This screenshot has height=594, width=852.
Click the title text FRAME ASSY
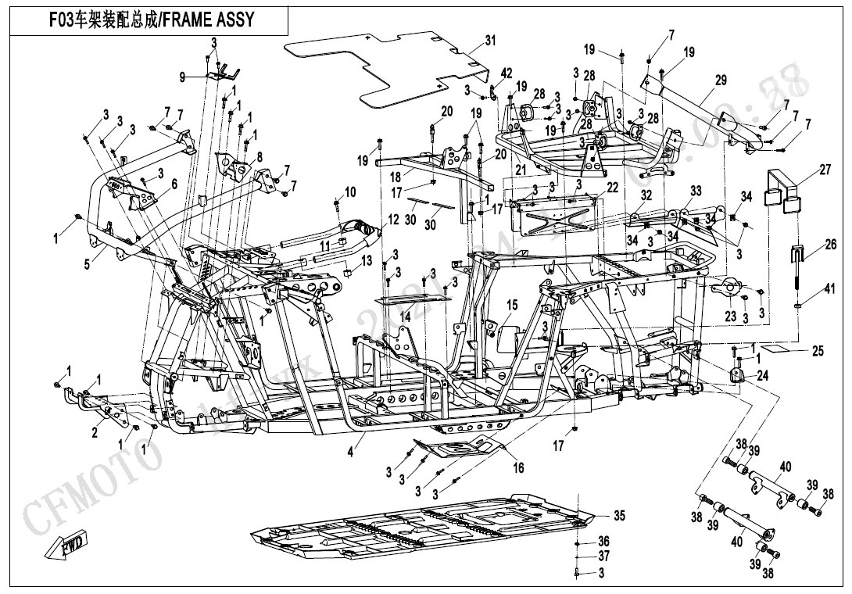click(208, 20)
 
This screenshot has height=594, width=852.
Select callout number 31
click(490, 40)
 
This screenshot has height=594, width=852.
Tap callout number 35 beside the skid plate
click(619, 515)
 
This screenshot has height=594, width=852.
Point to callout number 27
click(825, 170)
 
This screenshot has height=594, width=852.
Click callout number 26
click(830, 245)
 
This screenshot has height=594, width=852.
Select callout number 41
click(830, 291)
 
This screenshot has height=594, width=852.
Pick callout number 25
click(817, 351)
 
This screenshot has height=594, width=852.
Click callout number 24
click(762, 376)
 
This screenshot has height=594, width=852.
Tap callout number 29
click(721, 80)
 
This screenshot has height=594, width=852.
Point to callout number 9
click(182, 77)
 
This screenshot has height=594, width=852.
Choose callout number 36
click(603, 541)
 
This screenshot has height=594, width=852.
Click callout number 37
click(603, 556)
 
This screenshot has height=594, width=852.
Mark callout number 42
click(507, 73)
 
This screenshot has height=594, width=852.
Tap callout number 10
click(350, 191)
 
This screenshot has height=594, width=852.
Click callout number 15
click(512, 305)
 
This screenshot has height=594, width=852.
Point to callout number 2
click(95, 433)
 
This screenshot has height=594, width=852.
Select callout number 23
click(730, 316)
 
